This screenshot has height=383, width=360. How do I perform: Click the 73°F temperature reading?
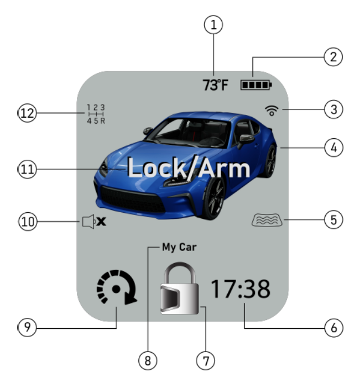click(x=215, y=86)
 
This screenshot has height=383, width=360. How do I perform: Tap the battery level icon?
click(x=257, y=86)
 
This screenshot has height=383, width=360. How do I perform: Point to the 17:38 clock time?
click(x=240, y=290)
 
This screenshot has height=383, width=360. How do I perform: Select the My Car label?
click(x=180, y=248)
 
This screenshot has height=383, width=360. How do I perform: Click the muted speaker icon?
click(x=94, y=222)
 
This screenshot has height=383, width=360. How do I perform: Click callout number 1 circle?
click(x=215, y=25)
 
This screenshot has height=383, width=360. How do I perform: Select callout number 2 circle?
click(x=333, y=56)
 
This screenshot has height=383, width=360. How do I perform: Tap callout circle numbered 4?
click(x=333, y=148)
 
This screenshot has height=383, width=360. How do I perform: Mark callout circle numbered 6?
click(x=333, y=327)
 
